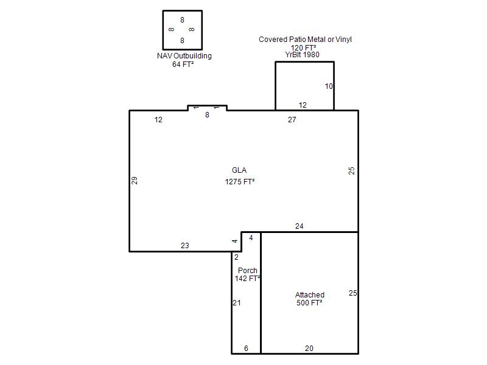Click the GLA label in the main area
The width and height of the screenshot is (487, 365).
point(239,170)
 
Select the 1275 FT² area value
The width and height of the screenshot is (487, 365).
point(240,181)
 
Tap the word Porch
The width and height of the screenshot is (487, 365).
point(248,270)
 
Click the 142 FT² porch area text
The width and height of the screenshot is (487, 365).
point(247,279)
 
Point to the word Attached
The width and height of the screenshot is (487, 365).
point(310,294)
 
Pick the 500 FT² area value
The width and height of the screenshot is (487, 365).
point(309,302)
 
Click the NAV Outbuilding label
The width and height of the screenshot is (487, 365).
point(184,56)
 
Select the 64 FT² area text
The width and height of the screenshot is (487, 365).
point(183,64)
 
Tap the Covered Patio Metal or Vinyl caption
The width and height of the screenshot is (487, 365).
point(305,40)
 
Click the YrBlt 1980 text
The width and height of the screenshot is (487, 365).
point(302,55)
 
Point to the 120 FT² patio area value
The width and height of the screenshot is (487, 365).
point(303,48)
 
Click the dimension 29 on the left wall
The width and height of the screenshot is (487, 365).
point(135,181)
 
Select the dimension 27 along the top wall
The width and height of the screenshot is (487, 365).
point(292,119)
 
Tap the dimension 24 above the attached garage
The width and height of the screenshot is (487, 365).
point(299,226)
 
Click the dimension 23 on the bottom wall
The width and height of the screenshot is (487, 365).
point(185,246)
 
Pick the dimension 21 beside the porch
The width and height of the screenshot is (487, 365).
point(237,302)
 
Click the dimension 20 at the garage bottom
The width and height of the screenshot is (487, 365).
point(309,348)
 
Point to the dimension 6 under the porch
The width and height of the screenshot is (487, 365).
point(246,348)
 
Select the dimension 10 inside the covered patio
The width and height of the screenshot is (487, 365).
point(329,86)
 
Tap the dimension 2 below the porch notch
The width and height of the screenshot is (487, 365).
point(236,257)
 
